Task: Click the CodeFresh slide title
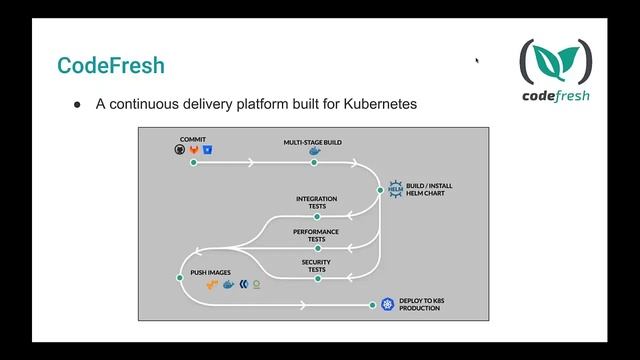[110, 67]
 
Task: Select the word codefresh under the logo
[555, 97]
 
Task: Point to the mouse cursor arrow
[477, 60]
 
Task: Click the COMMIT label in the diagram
[193, 138]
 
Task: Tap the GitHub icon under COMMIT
[179, 149]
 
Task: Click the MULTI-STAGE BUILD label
[312, 142]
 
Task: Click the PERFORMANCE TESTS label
[316, 235]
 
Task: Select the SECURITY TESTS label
[316, 266]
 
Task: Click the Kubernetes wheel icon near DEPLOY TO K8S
[387, 303]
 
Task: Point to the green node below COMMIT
[193, 162]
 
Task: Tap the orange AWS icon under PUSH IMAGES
[211, 285]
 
